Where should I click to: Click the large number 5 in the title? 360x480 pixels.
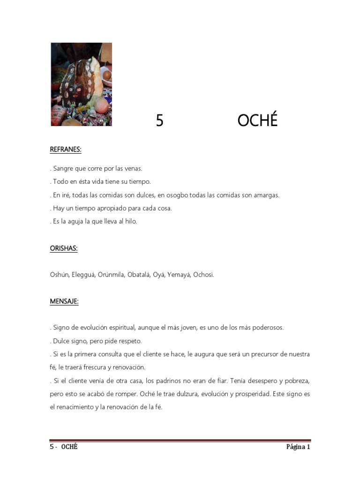click(160, 121)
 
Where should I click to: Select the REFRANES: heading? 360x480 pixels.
click(66, 150)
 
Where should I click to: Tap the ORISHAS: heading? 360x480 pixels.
click(64, 248)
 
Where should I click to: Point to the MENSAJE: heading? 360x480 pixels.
click(64, 301)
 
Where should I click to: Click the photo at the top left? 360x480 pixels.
click(81, 84)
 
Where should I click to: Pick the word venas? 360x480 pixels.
click(133, 168)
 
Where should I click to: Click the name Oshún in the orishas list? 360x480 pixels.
click(59, 275)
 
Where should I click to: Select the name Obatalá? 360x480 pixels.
click(138, 275)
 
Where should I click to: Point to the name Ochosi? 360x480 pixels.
click(203, 275)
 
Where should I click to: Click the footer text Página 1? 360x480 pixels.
click(298, 447)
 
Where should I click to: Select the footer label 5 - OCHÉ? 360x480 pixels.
click(64, 447)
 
